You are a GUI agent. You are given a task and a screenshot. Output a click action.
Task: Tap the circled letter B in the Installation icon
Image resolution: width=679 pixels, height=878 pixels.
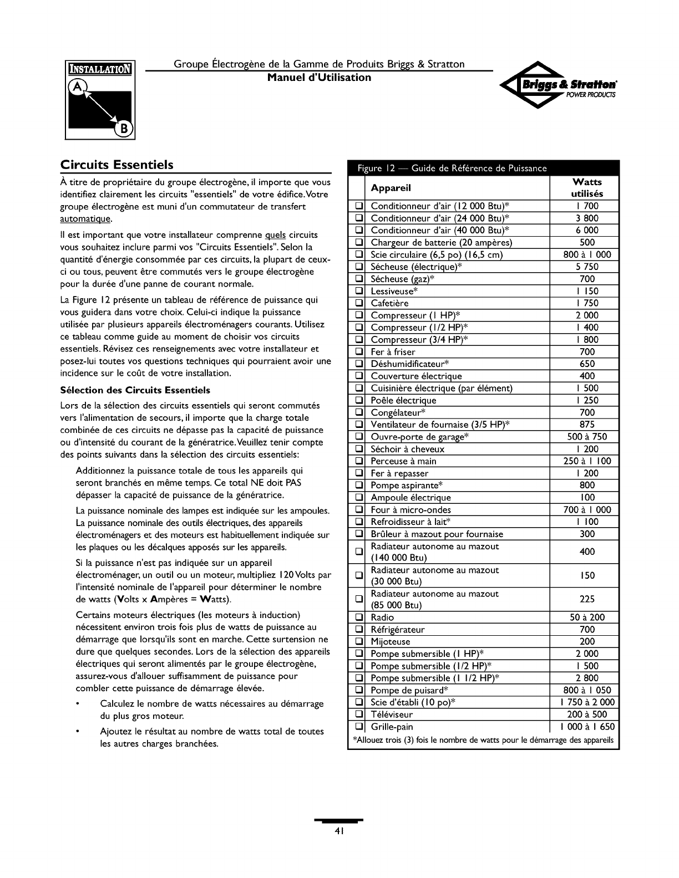(124, 129)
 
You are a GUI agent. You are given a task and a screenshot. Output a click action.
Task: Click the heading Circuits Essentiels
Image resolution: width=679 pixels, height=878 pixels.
(117, 165)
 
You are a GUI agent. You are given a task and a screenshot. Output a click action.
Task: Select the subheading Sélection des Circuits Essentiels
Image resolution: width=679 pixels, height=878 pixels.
(135, 390)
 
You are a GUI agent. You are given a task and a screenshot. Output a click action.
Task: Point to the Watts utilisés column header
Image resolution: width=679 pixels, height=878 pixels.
(586, 188)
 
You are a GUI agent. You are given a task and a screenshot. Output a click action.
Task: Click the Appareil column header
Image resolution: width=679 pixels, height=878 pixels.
(391, 188)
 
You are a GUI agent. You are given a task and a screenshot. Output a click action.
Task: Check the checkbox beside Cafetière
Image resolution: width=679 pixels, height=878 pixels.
(358, 303)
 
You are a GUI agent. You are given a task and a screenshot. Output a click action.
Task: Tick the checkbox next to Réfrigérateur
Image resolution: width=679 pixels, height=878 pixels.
(358, 630)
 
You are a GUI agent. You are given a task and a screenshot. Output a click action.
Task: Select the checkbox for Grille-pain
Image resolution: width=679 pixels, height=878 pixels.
(358, 727)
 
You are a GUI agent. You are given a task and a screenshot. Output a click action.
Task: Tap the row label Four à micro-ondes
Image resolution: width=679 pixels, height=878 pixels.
(411, 510)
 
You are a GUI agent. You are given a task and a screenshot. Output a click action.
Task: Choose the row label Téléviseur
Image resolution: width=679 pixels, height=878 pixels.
(392, 714)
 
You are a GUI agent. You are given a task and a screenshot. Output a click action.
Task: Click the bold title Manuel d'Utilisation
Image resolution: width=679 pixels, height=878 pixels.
(319, 78)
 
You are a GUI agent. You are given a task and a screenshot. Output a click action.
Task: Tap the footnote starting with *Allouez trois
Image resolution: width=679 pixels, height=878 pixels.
(483, 740)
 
